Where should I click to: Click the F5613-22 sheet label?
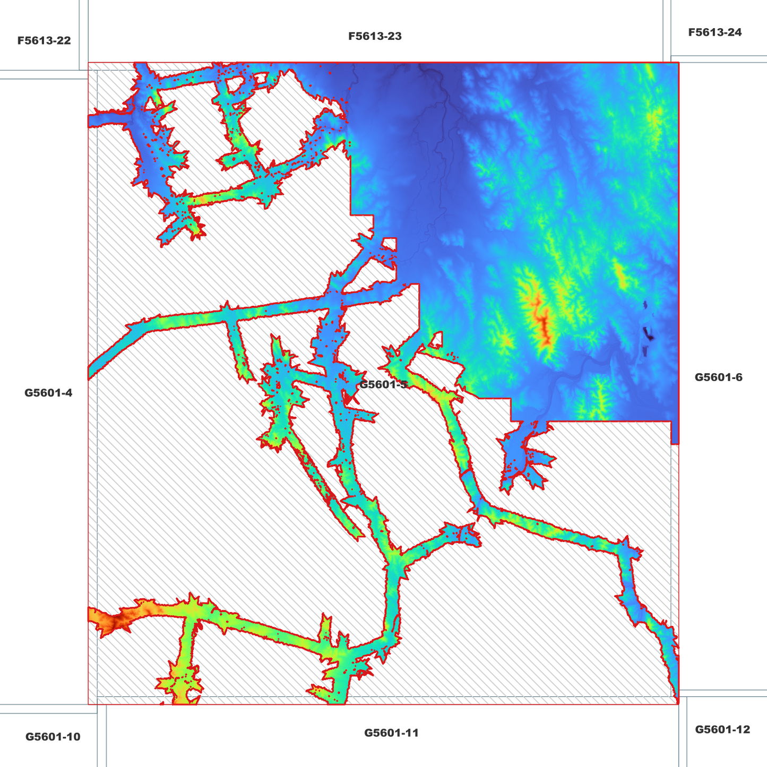[44, 41]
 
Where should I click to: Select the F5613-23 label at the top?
[375, 37]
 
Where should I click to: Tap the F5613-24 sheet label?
[714, 32]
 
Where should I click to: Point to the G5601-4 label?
[48, 393]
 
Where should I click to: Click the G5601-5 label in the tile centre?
[383, 384]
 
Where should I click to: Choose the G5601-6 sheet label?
[718, 377]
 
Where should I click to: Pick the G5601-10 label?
[53, 737]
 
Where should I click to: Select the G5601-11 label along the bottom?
[391, 733]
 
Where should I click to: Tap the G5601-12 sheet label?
[722, 730]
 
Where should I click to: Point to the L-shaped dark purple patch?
[648, 334]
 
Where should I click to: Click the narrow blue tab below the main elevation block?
[675, 433]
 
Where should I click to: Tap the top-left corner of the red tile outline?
[88, 63]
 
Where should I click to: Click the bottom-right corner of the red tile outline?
[679, 704]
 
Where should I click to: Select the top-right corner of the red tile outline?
[679, 63]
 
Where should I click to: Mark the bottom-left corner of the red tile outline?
[88, 704]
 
